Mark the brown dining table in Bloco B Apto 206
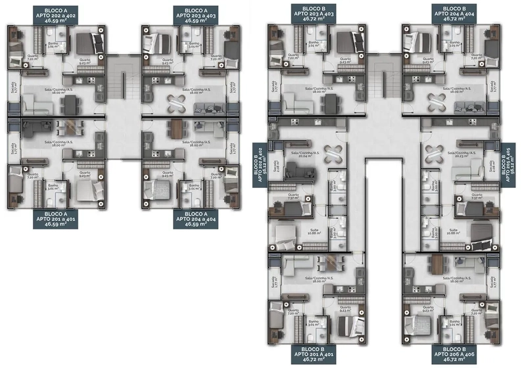[x=437, y=264]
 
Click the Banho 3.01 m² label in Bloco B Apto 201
[x=314, y=322]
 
